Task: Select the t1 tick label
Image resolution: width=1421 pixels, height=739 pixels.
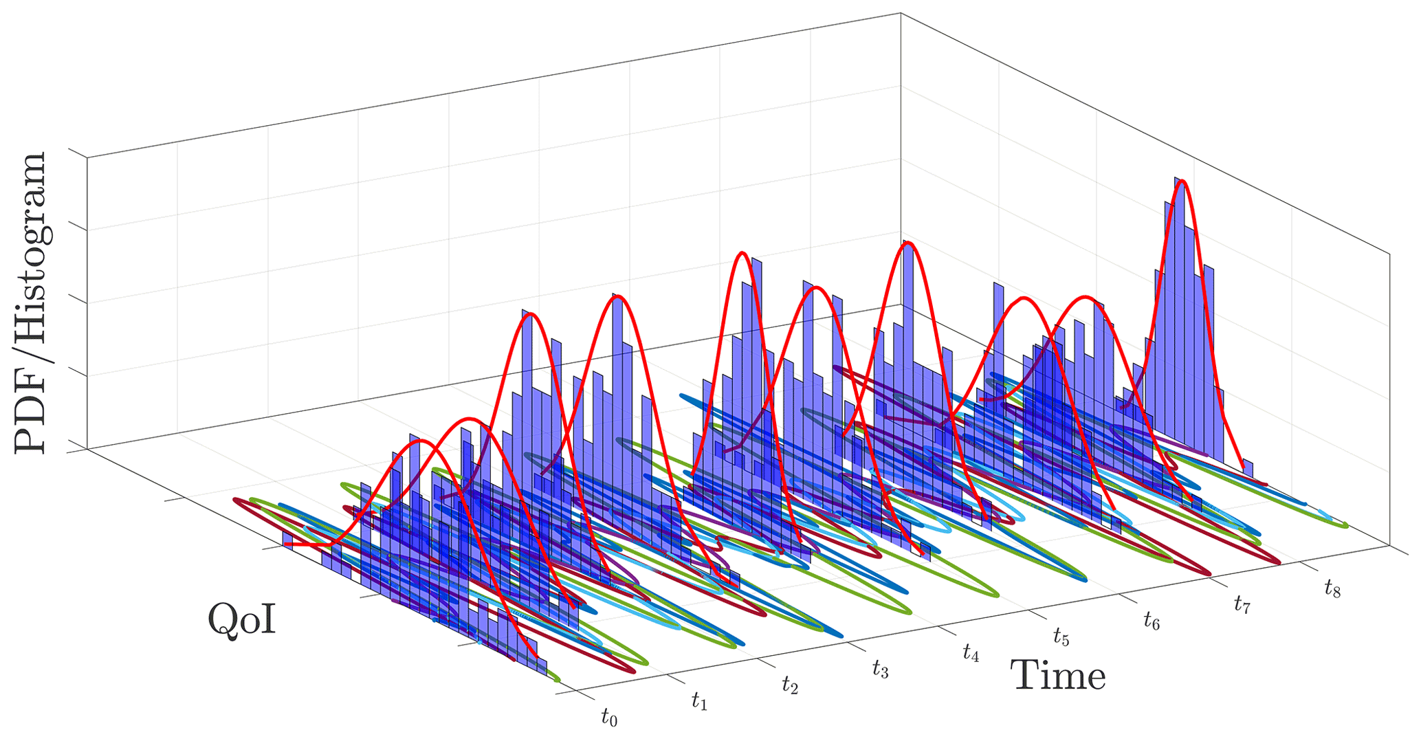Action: [700, 701]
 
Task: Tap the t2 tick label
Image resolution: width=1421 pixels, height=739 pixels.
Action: [790, 684]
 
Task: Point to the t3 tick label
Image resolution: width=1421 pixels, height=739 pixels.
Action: [881, 668]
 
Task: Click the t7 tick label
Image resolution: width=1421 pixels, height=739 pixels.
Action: [1242, 605]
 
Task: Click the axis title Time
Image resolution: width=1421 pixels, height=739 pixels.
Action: [1058, 676]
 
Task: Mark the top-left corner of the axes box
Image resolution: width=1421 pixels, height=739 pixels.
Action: [87, 157]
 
